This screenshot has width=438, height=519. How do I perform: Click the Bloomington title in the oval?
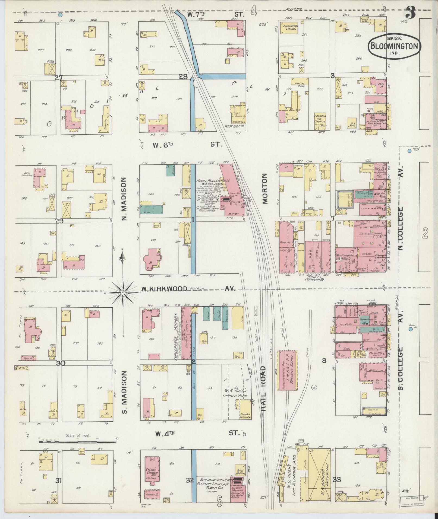point(394,46)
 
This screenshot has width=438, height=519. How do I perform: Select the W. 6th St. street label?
point(187,145)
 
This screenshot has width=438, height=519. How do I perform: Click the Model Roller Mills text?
point(213,180)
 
